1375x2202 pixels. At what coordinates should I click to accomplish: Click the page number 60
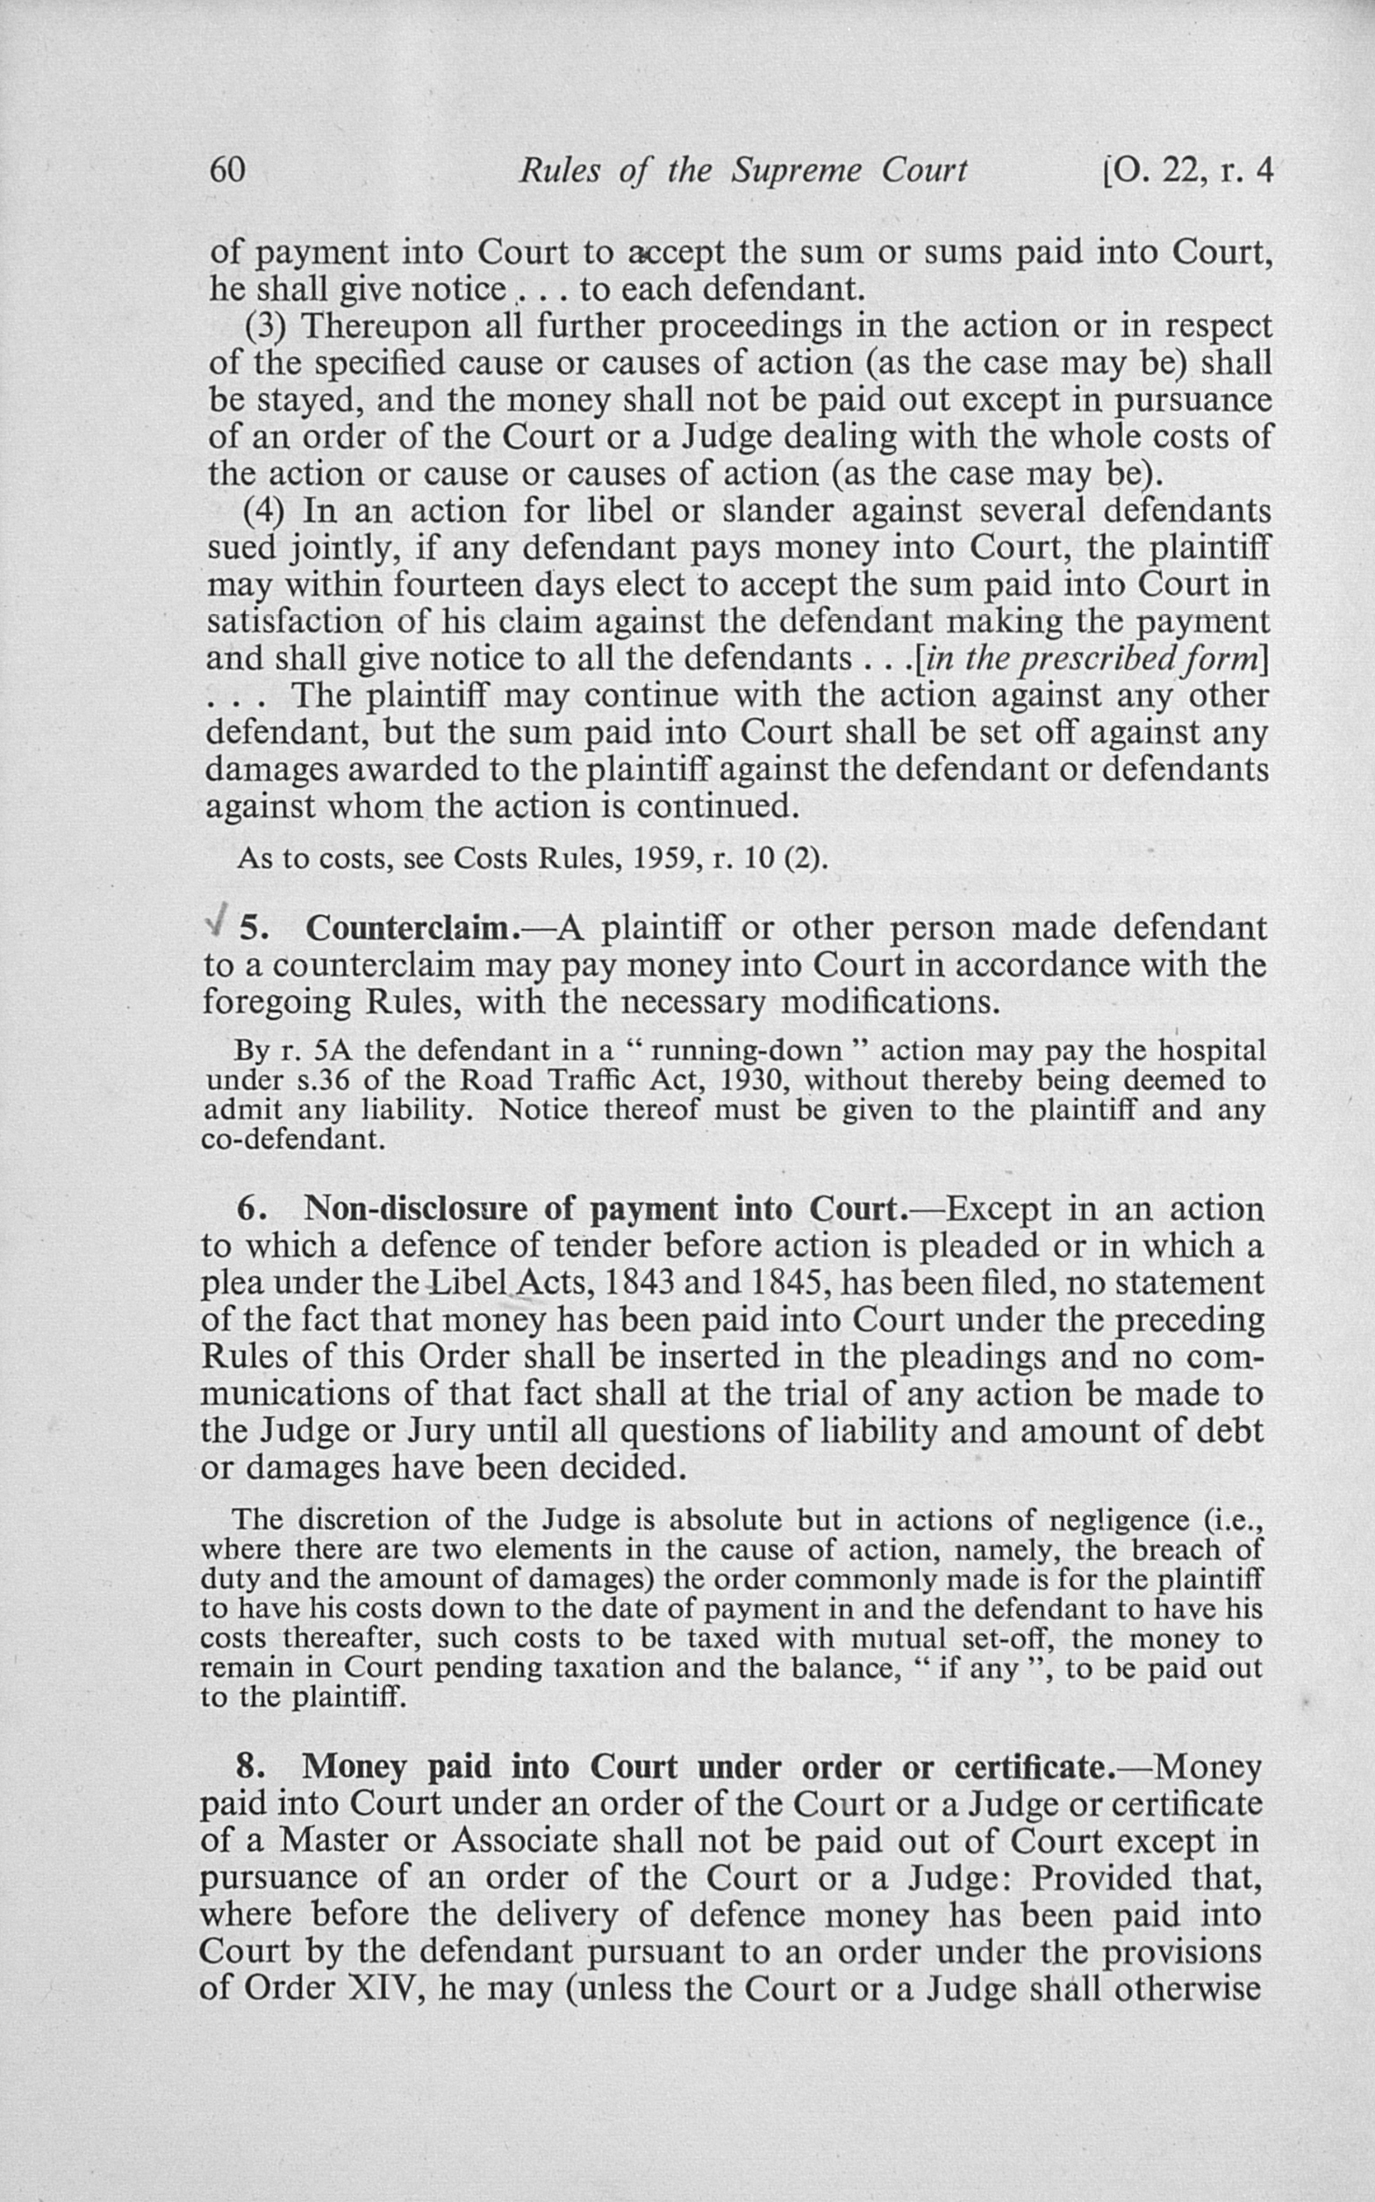pos(227,170)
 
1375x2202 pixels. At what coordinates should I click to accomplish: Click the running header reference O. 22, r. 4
pos(1184,170)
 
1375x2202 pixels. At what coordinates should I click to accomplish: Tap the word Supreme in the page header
pos(797,171)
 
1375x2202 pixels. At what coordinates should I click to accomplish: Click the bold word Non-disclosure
pos(417,1209)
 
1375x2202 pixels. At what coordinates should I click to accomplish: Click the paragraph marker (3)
pos(267,326)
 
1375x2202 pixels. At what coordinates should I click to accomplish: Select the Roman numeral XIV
pos(381,1987)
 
